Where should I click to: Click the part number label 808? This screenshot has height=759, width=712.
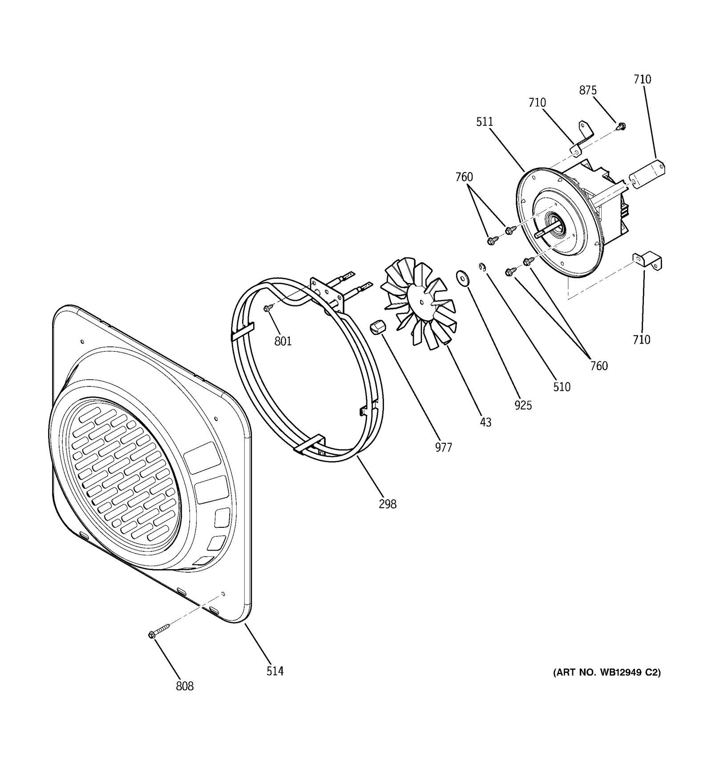coord(185,686)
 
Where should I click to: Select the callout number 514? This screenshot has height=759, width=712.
coord(275,671)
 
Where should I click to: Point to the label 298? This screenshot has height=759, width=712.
coord(388,504)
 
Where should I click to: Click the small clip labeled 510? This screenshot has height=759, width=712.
coord(482,267)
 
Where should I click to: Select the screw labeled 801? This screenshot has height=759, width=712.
coord(268,308)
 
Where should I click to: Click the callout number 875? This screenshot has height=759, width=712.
coord(588,90)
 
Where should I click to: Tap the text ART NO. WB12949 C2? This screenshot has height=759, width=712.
coord(607,673)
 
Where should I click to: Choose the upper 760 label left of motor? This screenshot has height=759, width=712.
coord(464,177)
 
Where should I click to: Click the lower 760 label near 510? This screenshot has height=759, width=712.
coord(599,365)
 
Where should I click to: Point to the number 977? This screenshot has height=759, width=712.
coord(444,447)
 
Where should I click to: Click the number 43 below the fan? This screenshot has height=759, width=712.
coord(485,422)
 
